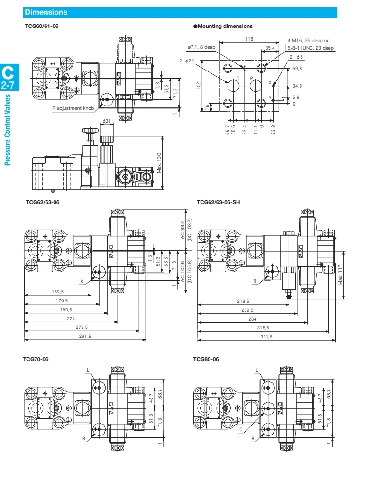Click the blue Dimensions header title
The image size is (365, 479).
[x=46, y=12]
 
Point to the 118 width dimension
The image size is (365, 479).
[x=249, y=39]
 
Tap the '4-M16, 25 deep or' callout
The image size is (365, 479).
[x=310, y=41]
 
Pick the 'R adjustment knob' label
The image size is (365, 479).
[x=73, y=108]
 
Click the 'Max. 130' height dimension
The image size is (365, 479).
[x=159, y=163]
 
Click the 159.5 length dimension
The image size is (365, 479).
[x=57, y=292]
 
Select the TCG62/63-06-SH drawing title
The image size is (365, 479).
[x=219, y=202]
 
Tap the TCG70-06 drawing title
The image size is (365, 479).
[x=36, y=359]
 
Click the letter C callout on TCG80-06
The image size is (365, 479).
[x=241, y=429]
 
